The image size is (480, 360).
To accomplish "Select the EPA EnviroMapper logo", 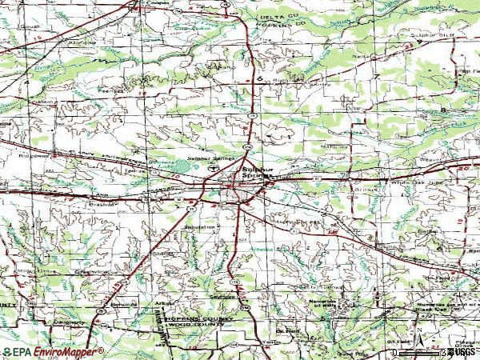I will tap(52, 351).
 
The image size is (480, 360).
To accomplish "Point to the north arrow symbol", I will tap(417, 328).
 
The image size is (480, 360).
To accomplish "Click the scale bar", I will tap(416, 350).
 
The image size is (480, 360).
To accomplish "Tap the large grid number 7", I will tap(376, 76).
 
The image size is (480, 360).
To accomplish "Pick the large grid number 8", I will tap(442, 109).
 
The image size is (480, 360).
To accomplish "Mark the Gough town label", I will tap(32, 26).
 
